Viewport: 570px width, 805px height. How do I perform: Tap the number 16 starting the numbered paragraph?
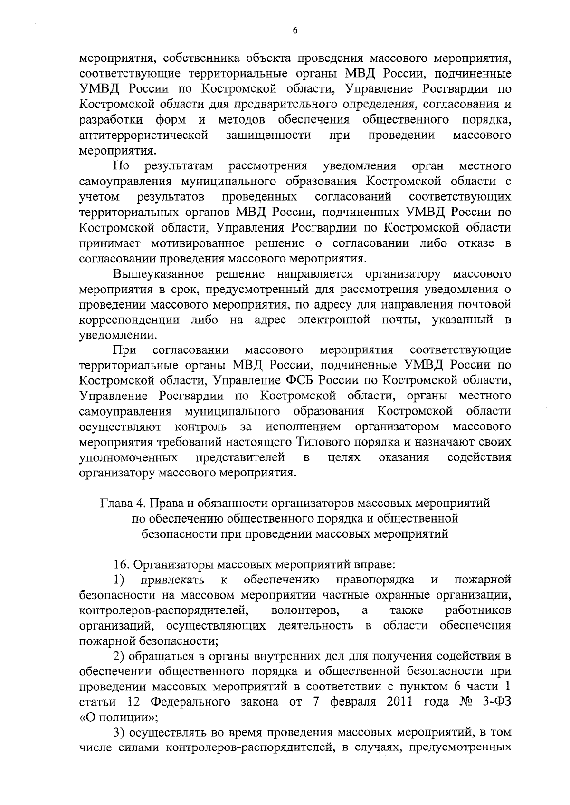point(121,565)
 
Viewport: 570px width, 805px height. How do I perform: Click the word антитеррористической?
point(143,136)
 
